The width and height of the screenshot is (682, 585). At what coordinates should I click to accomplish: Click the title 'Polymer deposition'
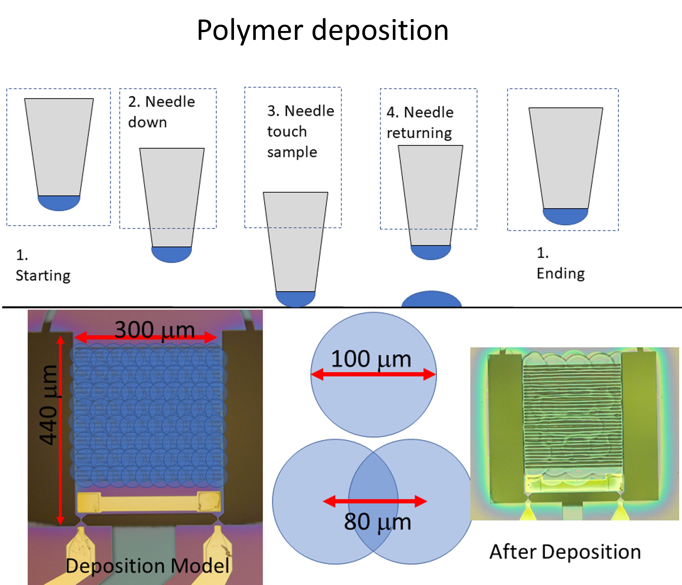click(x=322, y=30)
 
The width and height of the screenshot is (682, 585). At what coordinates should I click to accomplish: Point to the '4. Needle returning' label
click(x=420, y=123)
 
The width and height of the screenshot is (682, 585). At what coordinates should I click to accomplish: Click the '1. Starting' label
click(x=43, y=265)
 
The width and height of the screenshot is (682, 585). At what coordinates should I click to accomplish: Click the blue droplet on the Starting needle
click(x=59, y=203)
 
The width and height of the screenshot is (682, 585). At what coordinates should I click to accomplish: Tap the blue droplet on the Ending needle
click(x=565, y=217)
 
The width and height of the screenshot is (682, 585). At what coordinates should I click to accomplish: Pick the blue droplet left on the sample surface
click(x=431, y=299)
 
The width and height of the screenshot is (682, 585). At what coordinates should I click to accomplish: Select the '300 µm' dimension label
click(x=155, y=330)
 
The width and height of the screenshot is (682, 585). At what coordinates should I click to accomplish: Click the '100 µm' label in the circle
click(x=371, y=359)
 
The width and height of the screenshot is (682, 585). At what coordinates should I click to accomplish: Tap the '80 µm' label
click(x=378, y=522)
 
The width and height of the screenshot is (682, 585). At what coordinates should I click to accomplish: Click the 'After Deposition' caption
click(x=565, y=552)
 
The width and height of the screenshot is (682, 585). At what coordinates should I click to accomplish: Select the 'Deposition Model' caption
click(x=147, y=566)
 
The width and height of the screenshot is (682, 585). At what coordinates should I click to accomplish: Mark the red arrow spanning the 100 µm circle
click(x=374, y=374)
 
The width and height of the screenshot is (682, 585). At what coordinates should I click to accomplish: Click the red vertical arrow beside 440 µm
click(x=60, y=430)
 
